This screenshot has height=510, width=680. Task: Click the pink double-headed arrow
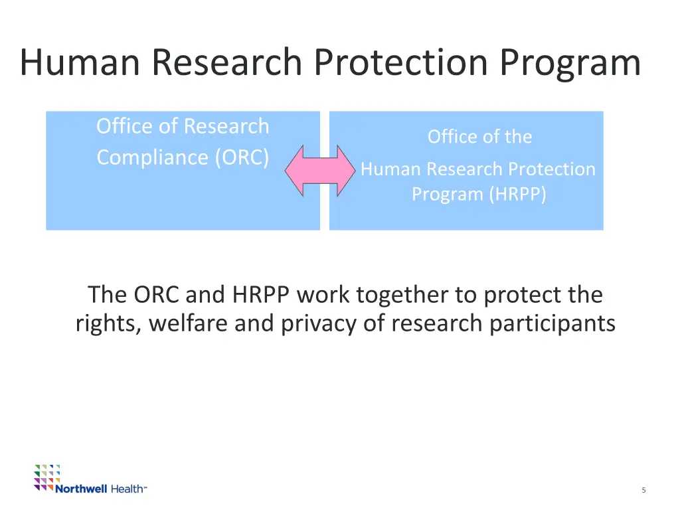320,171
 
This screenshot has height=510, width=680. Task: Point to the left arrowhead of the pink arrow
294,171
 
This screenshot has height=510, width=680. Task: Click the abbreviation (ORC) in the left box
242,157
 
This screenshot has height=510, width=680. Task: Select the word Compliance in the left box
152,157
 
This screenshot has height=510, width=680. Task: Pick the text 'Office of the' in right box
479,137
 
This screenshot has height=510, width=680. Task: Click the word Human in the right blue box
390,169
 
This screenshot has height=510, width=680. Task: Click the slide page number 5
643,490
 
